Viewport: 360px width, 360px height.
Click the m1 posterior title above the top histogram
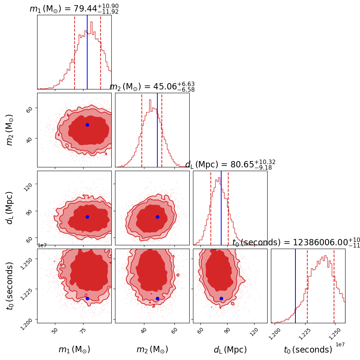click(74, 9)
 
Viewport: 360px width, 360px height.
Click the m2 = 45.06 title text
click(152, 87)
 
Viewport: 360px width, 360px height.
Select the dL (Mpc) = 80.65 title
click(230, 165)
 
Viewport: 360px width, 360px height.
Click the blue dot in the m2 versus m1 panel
click(87, 125)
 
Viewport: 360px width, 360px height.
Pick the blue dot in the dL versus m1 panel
click(87, 217)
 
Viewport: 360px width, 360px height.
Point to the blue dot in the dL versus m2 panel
click(157, 217)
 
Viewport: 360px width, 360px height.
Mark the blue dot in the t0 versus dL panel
click(221, 298)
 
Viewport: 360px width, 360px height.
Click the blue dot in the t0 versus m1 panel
click(87, 298)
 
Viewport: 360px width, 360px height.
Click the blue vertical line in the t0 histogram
click(295, 286)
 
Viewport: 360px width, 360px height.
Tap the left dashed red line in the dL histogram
click(211, 208)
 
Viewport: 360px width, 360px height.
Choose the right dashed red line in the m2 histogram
click(162, 130)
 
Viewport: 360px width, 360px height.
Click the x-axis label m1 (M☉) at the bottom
click(74, 350)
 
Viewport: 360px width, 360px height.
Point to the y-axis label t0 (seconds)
click(10, 286)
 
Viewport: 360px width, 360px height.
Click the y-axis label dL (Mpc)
click(10, 208)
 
